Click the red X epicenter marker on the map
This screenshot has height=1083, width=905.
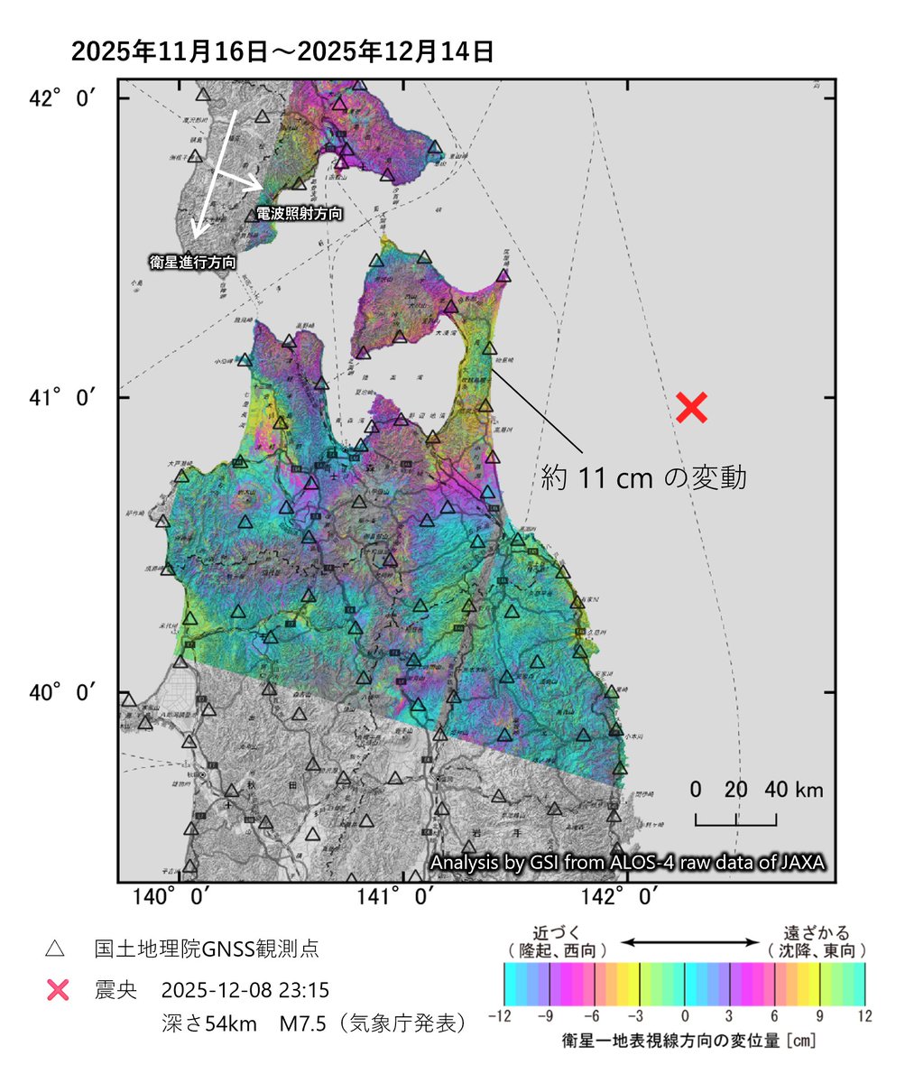[x=690, y=408]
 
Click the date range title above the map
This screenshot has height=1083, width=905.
[x=282, y=51]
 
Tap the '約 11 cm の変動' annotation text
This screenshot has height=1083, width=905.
[x=644, y=477]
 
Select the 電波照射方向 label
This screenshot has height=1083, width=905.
[x=300, y=214]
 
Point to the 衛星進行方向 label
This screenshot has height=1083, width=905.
[x=193, y=263]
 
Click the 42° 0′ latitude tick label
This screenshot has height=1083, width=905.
[x=61, y=98]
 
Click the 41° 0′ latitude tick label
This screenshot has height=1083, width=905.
[x=61, y=397]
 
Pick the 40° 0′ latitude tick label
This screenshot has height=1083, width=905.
[x=61, y=692]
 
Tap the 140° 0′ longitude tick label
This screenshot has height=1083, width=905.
[x=176, y=898]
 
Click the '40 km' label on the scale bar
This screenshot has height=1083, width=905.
[x=794, y=791]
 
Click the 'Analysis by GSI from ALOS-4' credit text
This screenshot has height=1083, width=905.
[x=628, y=863]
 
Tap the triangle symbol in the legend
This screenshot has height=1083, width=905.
[x=55, y=949]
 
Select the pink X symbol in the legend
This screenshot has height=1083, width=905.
[x=57, y=990]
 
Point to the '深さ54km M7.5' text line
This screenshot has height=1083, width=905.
[x=311, y=1024]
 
